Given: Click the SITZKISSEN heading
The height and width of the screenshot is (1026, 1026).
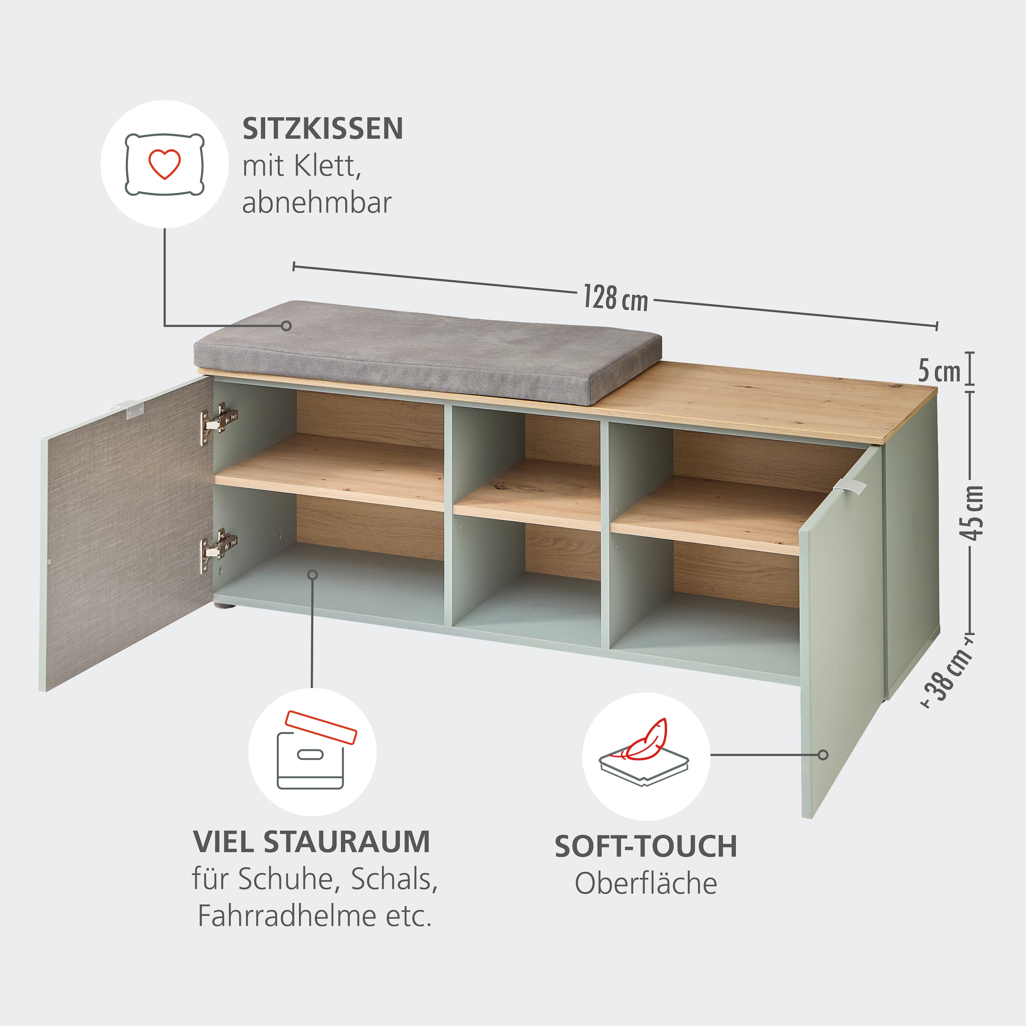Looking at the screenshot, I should (322, 129).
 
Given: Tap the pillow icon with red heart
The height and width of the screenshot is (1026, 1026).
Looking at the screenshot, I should (165, 164).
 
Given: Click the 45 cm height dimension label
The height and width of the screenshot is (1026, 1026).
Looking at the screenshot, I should (973, 513).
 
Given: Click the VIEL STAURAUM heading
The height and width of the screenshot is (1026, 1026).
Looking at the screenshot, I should (312, 842).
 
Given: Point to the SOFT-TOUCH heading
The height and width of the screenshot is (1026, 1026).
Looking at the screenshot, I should (646, 846).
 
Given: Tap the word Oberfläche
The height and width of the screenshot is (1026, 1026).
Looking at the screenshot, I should (646, 884).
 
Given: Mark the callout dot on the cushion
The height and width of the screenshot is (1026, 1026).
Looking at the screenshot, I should (286, 325).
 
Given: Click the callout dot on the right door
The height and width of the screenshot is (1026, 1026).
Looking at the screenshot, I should (823, 755).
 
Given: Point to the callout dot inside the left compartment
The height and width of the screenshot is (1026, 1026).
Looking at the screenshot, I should (313, 575).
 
